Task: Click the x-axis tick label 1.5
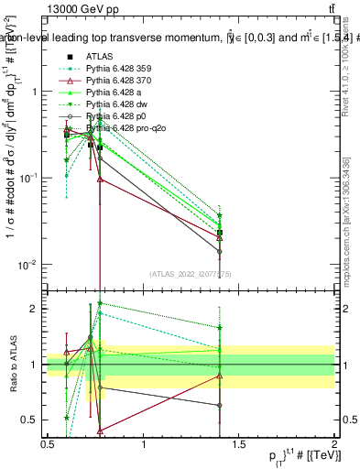(x=238, y=444)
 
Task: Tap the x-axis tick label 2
(x=333, y=444)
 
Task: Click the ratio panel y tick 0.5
(x=30, y=420)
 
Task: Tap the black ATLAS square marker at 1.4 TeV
(x=219, y=233)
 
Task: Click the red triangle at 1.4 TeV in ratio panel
(x=219, y=376)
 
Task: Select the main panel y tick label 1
(x=33, y=92)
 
